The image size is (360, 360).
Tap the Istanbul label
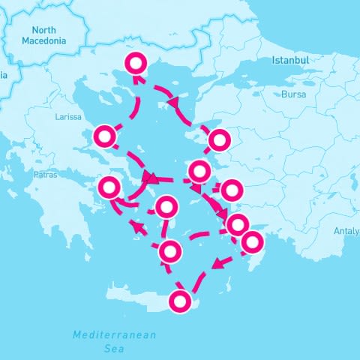pyautogui.click(x=290, y=59)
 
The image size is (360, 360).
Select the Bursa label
pyautogui.click(x=293, y=94)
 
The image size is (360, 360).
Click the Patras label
pyautogui.click(x=46, y=175)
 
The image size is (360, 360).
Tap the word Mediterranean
pyautogui.click(x=115, y=334)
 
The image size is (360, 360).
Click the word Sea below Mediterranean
pyautogui.click(x=113, y=348)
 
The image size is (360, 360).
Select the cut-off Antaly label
pyautogui.click(x=346, y=230)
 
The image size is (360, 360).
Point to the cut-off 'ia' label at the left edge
pyautogui.click(x=4, y=74)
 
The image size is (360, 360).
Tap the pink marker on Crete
pyautogui.click(x=180, y=301)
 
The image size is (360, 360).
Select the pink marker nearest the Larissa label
pyautogui.click(x=105, y=136)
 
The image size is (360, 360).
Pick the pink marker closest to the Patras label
pyautogui.click(x=111, y=187)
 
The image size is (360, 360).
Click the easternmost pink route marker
pyautogui.click(x=253, y=241)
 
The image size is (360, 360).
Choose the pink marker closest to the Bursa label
pyautogui.click(x=219, y=139)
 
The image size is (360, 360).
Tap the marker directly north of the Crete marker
pyautogui.click(x=170, y=251)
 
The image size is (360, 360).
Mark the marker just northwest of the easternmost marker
pyautogui.click(x=238, y=223)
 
